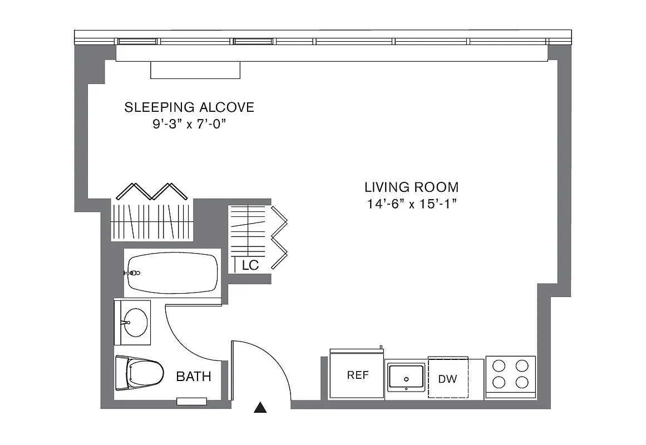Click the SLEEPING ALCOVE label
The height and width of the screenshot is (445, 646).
point(189,107)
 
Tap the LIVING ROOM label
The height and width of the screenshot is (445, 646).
point(411,187)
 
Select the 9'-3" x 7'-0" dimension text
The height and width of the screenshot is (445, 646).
point(189,125)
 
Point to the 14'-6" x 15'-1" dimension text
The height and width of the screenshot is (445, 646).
point(411,204)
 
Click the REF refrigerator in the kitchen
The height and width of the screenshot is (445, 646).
point(357,374)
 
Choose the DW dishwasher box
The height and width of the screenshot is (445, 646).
point(448,378)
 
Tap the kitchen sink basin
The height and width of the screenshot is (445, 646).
point(406,376)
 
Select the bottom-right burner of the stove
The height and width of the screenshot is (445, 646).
point(521,382)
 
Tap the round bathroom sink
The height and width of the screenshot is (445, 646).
point(135,322)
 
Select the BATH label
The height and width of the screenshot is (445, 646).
point(194,377)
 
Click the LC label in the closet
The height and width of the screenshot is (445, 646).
point(250,265)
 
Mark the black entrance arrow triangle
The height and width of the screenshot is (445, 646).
point(260,408)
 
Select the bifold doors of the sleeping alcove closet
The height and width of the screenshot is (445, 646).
point(150,191)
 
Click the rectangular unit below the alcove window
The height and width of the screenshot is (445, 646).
point(195,70)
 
